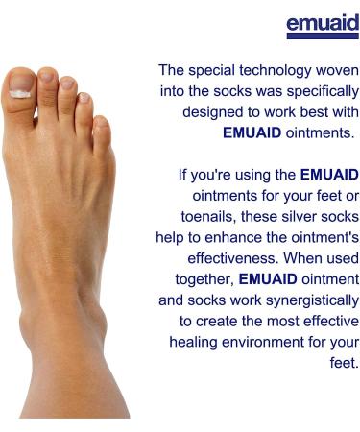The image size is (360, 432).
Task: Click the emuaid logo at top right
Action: (322, 24)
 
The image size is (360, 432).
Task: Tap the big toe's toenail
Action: (21, 94)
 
